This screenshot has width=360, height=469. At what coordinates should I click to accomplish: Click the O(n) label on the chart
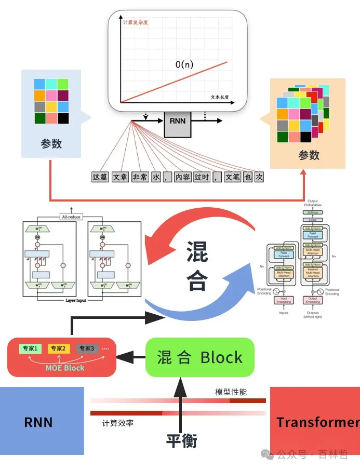pyautogui.click(x=184, y=65)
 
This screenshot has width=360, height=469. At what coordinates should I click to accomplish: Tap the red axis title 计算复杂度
pyautogui.click(x=136, y=23)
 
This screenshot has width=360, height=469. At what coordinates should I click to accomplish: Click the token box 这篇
pyautogui.click(x=100, y=177)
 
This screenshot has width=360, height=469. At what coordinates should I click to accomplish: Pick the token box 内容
pyautogui.click(x=183, y=177)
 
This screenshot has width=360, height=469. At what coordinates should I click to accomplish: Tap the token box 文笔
pyautogui.click(x=233, y=177)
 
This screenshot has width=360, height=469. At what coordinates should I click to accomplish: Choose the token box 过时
pyautogui.click(x=202, y=177)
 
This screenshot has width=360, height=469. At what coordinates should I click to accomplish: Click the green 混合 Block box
pyautogui.click(x=200, y=357)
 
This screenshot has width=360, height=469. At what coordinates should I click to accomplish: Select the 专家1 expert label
pyautogui.click(x=30, y=348)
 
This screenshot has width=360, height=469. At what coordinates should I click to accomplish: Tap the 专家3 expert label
pyautogui.click(x=87, y=348)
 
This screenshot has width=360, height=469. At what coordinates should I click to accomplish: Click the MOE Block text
pyautogui.click(x=65, y=368)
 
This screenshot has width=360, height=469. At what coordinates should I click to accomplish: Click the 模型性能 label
pyautogui.click(x=231, y=392)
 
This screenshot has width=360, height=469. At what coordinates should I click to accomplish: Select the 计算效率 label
pyautogui.click(x=118, y=423)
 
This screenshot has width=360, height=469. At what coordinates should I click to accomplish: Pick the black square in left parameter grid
pyautogui.click(x=63, y=118)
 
